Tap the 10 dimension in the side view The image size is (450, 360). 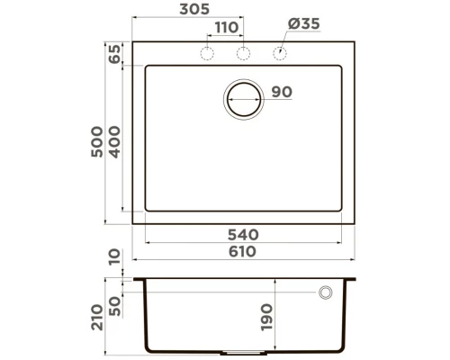114,261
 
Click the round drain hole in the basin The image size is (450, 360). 243,98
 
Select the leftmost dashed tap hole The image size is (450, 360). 206,54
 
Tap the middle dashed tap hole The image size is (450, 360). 242,54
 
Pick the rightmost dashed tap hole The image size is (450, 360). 278,54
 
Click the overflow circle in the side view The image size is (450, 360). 324,292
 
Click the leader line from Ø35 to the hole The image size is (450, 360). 287,43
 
